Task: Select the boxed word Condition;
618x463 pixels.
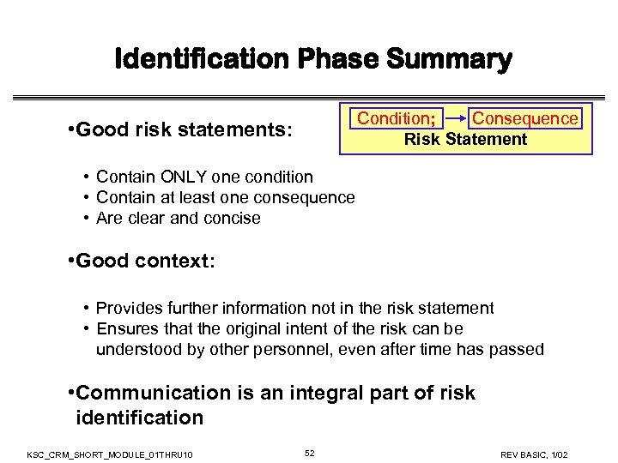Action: click(396, 118)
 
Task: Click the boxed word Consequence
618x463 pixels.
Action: click(525, 118)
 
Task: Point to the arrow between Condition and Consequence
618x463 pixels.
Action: click(453, 118)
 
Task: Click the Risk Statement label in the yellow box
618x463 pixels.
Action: click(465, 140)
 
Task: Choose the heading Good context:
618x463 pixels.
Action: click(142, 262)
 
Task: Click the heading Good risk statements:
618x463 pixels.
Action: click(179, 132)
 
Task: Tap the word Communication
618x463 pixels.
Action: click(153, 394)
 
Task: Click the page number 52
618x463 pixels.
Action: click(310, 452)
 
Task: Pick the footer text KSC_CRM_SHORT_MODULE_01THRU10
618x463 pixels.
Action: click(110, 453)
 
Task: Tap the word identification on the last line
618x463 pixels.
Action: click(139, 418)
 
